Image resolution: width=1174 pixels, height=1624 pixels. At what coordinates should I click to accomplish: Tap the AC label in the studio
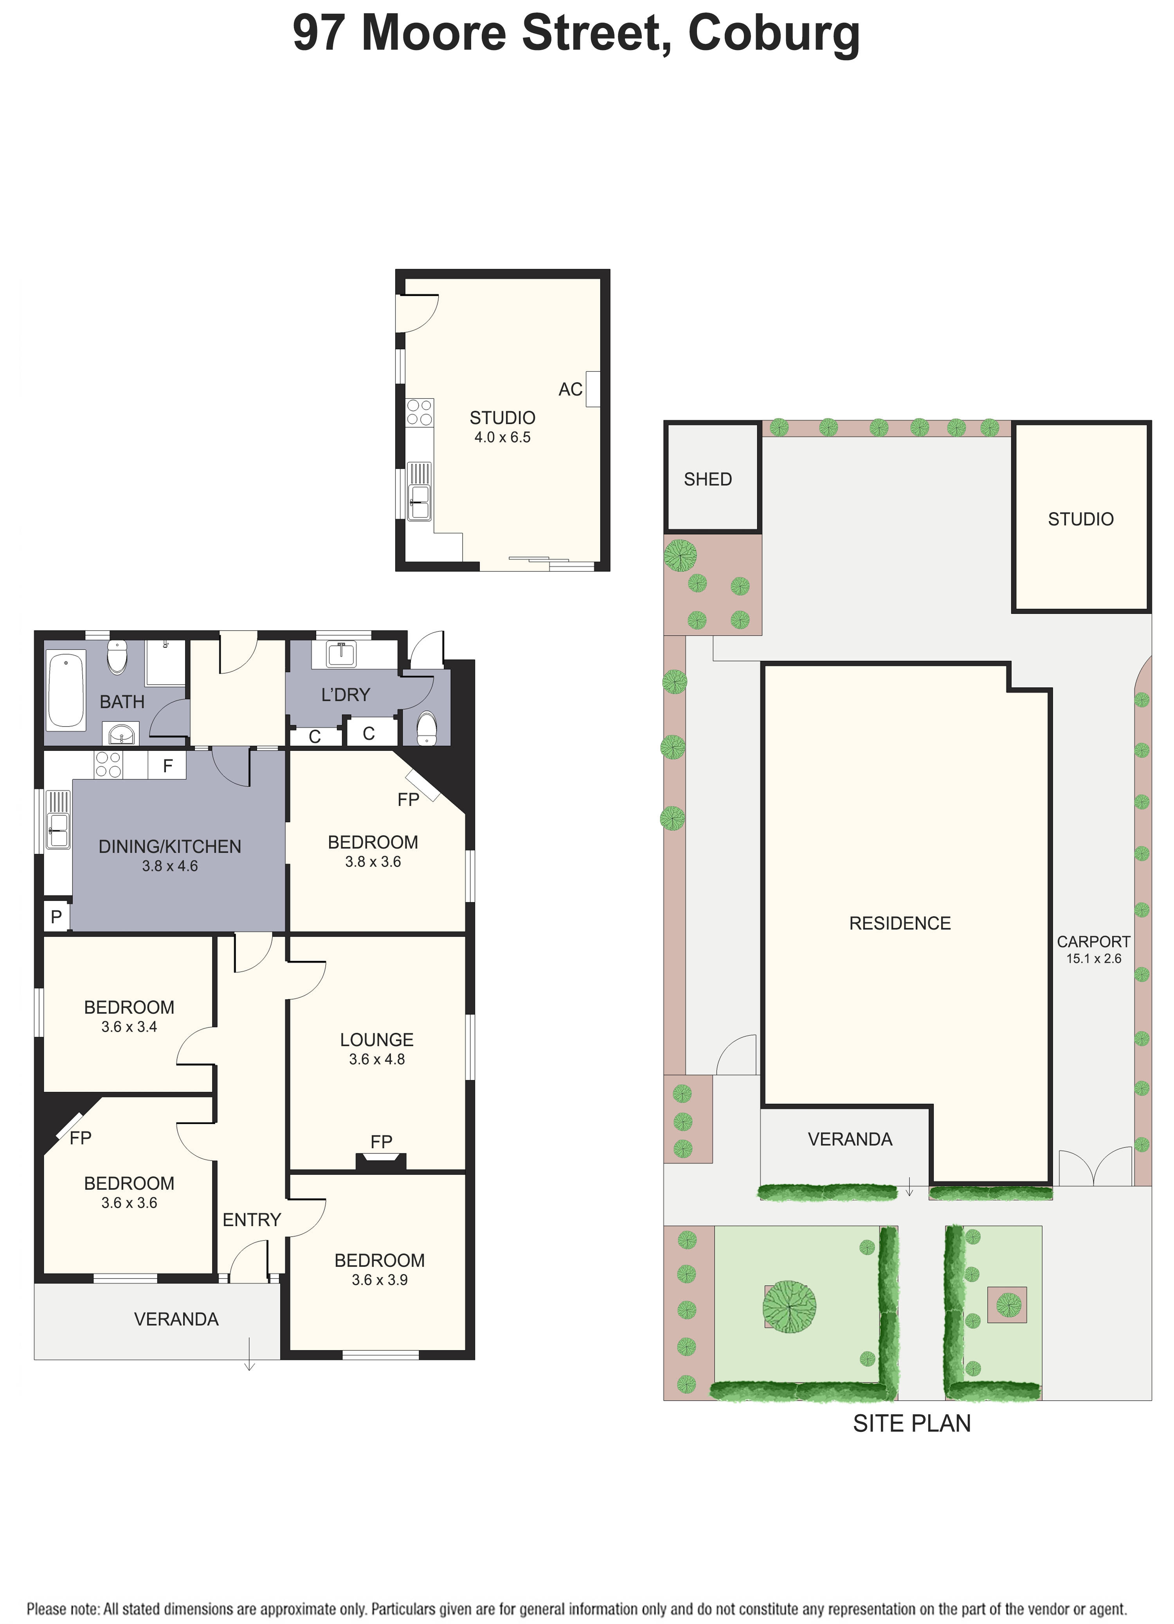570,390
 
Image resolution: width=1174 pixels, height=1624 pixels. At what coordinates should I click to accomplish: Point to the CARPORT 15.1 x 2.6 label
1093,950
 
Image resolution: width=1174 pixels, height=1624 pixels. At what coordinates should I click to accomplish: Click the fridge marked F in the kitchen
167,766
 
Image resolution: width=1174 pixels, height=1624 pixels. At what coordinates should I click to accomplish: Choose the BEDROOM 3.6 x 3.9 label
380,1270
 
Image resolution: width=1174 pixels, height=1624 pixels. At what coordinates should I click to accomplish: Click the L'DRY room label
345,694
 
